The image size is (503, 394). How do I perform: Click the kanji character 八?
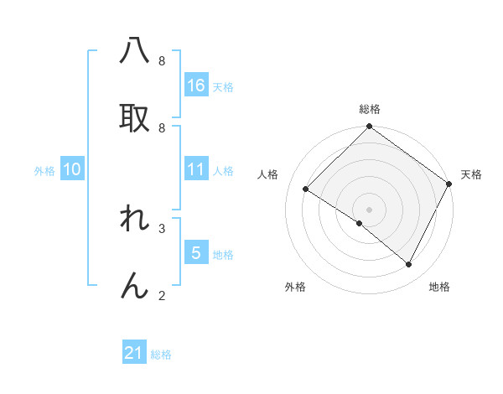pyautogui.click(x=135, y=51)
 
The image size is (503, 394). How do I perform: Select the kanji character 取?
pyautogui.click(x=135, y=117)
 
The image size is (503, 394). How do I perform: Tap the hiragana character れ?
pyautogui.click(x=135, y=219)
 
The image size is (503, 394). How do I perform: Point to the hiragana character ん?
pyautogui.click(x=135, y=285)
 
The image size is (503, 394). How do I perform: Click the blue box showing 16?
pyautogui.click(x=196, y=85)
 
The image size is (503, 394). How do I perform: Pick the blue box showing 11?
pyautogui.click(x=196, y=169)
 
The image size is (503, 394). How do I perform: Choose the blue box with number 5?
pyautogui.click(x=196, y=253)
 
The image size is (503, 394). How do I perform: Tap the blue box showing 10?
pyautogui.click(x=72, y=169)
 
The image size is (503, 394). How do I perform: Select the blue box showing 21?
pyautogui.click(x=134, y=354)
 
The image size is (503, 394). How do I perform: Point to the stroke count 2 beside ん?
pyautogui.click(x=162, y=295)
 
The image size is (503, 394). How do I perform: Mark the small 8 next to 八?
pyautogui.click(x=162, y=61)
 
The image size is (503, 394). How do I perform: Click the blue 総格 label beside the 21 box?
pyautogui.click(x=161, y=355)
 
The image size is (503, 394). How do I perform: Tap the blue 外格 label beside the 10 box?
pyautogui.click(x=44, y=170)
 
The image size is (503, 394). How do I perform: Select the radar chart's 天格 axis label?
pyautogui.click(x=471, y=174)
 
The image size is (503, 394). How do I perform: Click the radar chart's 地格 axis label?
pyautogui.click(x=439, y=287)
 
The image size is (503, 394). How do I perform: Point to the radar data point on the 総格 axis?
pyautogui.click(x=369, y=127)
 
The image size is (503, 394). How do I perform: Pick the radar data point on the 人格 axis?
pyautogui.click(x=306, y=189)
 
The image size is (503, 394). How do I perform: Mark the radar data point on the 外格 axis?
pyautogui.click(x=359, y=223)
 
